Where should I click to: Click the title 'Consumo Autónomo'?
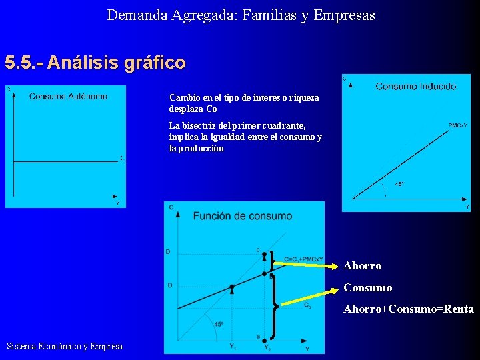[68, 97]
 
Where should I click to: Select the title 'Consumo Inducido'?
[415, 86]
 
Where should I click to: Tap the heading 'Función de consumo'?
[242, 216]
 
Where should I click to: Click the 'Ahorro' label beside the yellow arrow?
[362, 266]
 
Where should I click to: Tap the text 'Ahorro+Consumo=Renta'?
[408, 309]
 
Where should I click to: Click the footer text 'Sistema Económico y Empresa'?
[64, 346]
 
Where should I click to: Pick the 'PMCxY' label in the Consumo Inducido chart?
[457, 125]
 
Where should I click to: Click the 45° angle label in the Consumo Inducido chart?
[399, 185]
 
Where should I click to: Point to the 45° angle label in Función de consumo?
[219, 325]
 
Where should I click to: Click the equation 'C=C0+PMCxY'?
[303, 259]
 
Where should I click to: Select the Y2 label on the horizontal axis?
[267, 347]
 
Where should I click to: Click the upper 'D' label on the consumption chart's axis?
[168, 251]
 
